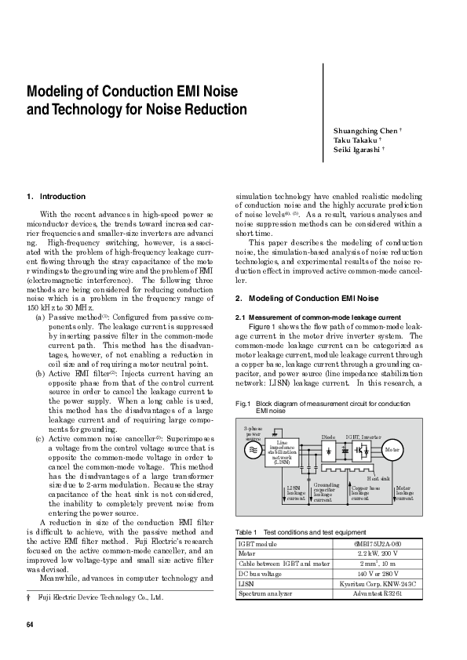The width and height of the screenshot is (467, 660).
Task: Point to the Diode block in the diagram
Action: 330,450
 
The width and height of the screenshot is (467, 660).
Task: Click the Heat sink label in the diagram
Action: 378,477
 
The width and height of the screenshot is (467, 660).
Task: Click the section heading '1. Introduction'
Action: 56,196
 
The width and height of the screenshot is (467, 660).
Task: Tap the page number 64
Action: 31,625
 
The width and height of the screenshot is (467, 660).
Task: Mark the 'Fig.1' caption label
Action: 243,403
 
